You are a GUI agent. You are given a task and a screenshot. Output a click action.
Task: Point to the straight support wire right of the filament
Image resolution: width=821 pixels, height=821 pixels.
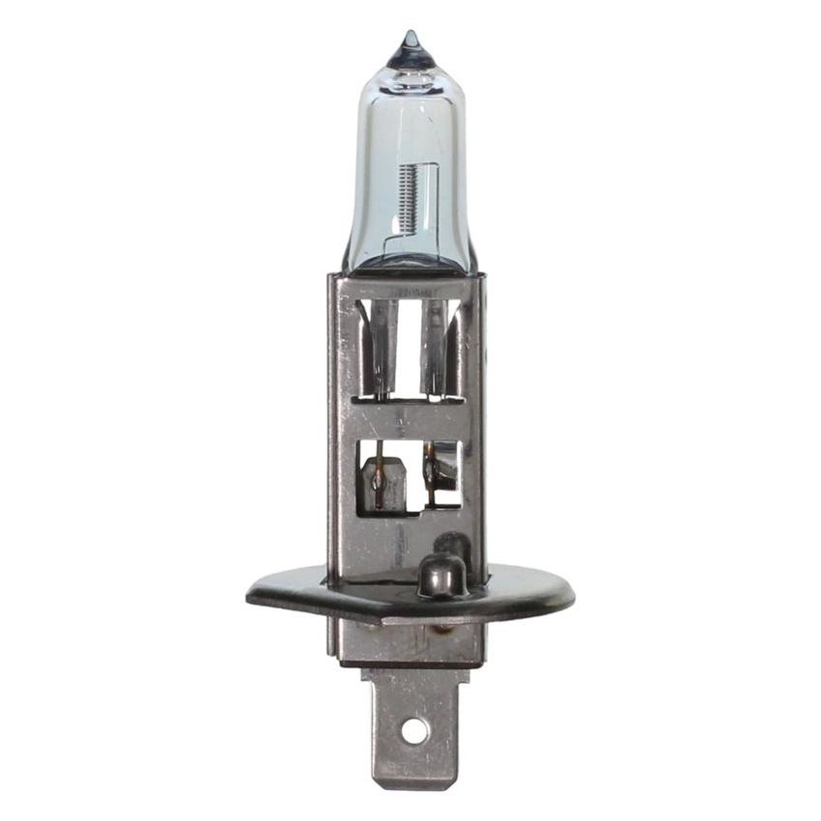click(438, 198)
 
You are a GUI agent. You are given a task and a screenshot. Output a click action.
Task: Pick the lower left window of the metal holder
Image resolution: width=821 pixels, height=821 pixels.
click(380, 477)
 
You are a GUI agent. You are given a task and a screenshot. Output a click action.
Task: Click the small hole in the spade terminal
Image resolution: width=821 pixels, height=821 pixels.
click(414, 731)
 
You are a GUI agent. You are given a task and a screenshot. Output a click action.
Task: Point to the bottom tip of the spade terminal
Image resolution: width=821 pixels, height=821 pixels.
click(413, 784)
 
